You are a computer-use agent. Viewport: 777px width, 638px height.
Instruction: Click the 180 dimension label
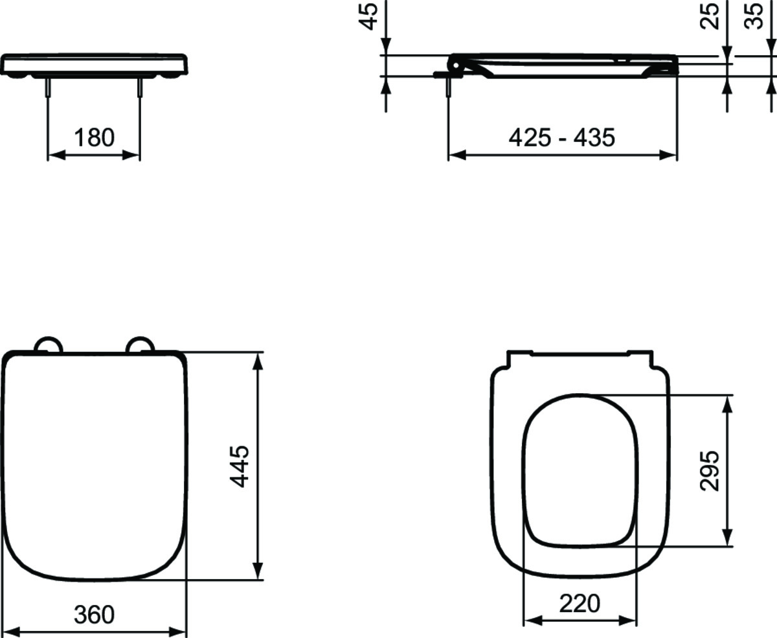[95, 138]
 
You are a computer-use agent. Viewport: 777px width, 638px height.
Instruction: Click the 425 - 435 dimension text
[562, 138]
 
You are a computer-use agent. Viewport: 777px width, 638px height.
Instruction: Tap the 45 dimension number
[368, 17]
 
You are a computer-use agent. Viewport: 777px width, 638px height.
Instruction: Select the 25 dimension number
[709, 16]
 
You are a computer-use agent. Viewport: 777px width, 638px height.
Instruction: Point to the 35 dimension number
[754, 16]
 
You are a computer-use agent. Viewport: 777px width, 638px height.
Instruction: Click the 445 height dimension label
[239, 466]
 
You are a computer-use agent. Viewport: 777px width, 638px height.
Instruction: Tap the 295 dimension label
[709, 471]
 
